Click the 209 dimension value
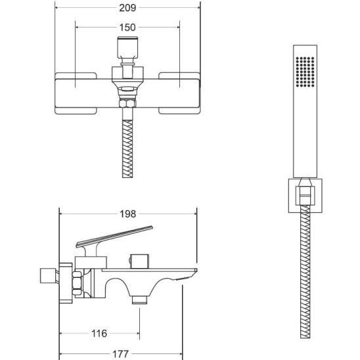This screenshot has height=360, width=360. tap(127, 8)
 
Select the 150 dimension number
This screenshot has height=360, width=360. tap(127, 28)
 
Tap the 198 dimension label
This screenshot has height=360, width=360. tap(128, 214)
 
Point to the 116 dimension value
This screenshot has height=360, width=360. tap(99, 333)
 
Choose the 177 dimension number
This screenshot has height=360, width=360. tap(120, 354)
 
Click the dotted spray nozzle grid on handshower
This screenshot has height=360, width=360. tap(305, 72)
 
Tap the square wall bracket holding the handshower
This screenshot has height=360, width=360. tap(305, 196)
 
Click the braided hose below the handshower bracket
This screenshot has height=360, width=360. tap(305, 271)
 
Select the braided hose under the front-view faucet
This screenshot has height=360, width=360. tap(127, 148)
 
